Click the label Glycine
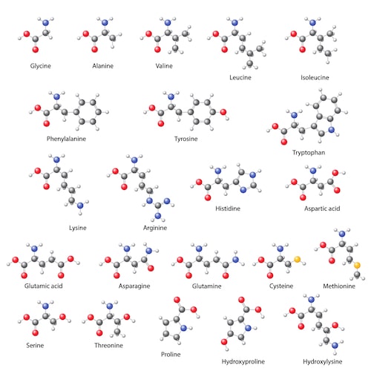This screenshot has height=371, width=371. tap(41, 66)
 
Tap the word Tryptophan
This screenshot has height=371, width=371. tap(309, 153)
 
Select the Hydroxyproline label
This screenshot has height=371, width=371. tap(243, 362)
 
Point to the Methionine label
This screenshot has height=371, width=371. tap(339, 286)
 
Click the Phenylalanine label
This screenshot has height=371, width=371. tap(66, 139)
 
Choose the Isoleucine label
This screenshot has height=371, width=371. tap(315, 78)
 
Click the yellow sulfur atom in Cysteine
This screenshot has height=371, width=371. tap(297, 259)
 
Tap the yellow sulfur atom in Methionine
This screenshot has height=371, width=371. tap(357, 266)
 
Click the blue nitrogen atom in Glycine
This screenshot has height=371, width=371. tap(45, 23)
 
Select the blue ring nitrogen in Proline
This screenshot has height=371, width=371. tap(183, 328)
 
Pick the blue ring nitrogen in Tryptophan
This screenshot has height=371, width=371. tap(332, 130)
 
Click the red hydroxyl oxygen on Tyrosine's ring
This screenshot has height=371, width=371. tap(223, 112)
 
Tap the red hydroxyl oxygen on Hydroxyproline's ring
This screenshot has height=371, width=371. tap(224, 342)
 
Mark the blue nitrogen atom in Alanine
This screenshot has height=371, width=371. tap(105, 23)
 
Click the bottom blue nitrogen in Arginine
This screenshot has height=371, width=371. tap(158, 216)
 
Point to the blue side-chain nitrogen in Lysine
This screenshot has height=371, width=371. tap(80, 206)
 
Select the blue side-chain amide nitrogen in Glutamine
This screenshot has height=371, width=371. tap(235, 260)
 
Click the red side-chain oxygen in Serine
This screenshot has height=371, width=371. tap(62, 317)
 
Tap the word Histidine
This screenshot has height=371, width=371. tap(228, 209)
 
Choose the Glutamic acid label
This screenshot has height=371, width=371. tap(44, 286)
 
